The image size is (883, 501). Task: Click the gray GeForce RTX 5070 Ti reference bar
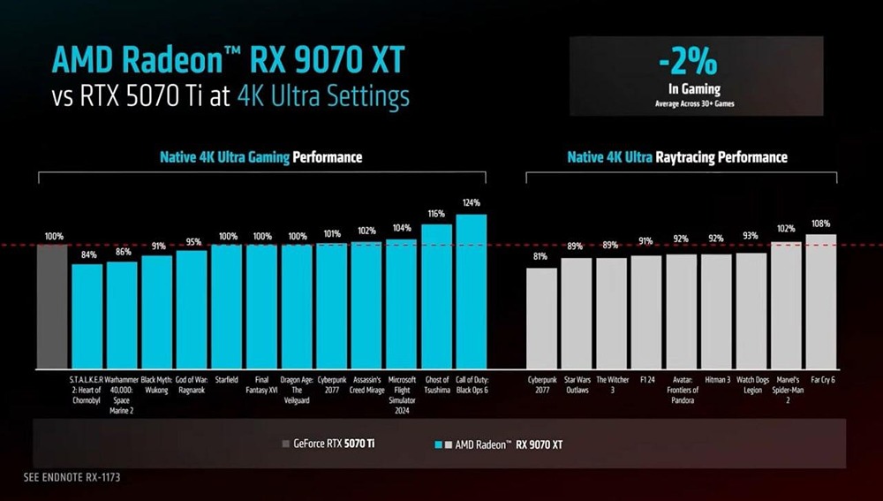[x=52, y=307]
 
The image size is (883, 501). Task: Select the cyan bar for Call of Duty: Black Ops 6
[x=471, y=292]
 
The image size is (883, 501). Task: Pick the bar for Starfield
[x=226, y=307]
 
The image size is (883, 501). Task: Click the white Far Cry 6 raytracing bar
[x=820, y=301]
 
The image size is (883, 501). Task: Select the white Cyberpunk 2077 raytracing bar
[x=541, y=318]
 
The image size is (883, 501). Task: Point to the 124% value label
[x=471, y=203]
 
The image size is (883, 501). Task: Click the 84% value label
[x=88, y=255]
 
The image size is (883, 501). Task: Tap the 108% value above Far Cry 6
[x=820, y=224]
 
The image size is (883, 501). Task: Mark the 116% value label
[x=436, y=214]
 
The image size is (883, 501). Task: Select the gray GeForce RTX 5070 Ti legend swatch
[x=284, y=444]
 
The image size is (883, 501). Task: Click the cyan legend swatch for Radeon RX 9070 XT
[x=439, y=444]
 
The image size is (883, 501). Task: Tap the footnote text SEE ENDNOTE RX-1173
[x=72, y=477]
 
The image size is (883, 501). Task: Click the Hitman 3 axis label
[x=716, y=380]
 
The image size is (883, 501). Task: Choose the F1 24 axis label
[x=646, y=380]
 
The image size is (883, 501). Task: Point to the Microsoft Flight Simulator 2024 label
[x=401, y=395]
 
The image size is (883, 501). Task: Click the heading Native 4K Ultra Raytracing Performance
[x=676, y=157]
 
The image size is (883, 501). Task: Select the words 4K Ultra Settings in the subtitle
[x=323, y=95]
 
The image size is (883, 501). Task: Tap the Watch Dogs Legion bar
[x=751, y=310]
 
